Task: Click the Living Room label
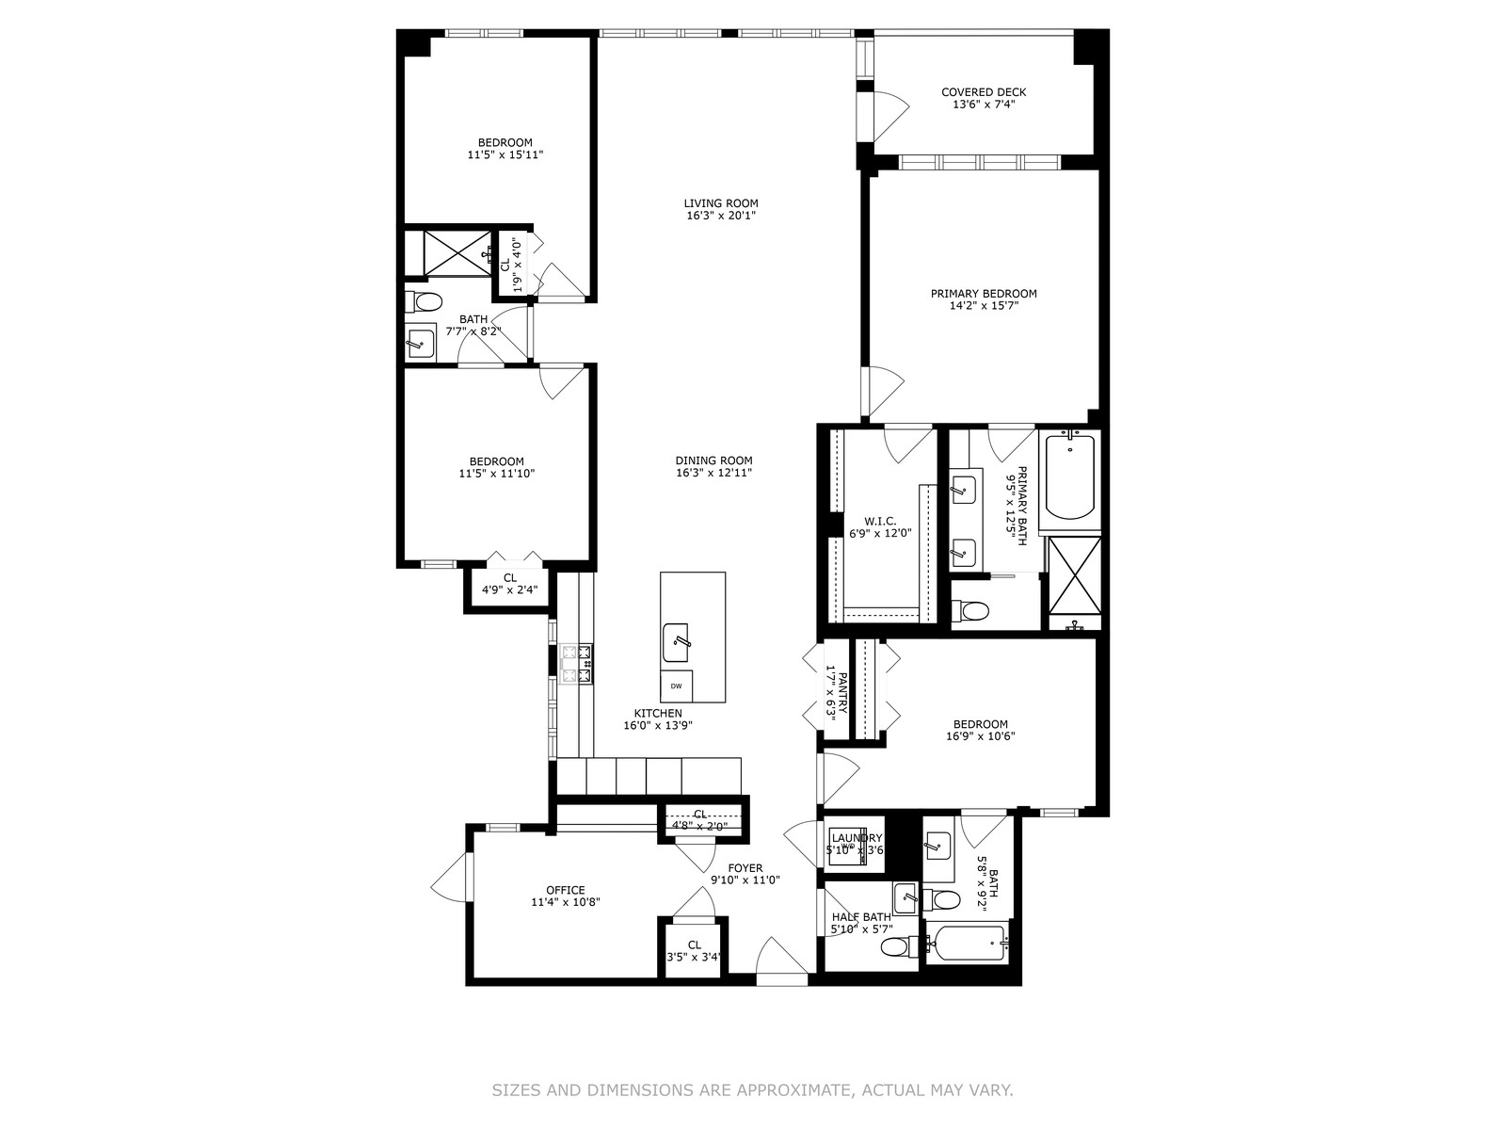point(720,203)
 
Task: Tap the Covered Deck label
point(984,92)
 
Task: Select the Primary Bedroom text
point(984,294)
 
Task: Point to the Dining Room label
point(713,460)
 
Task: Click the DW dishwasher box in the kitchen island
point(676,686)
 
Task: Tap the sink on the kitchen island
point(676,642)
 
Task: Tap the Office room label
point(566,891)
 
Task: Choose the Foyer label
point(745,868)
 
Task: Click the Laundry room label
point(857,838)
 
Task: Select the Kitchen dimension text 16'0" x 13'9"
point(658,725)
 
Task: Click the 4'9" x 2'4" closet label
point(510,589)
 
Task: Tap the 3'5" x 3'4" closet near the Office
point(695,957)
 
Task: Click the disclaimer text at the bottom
point(753,1090)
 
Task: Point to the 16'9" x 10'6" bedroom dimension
point(981,736)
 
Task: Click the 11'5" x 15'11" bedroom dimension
point(505,155)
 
